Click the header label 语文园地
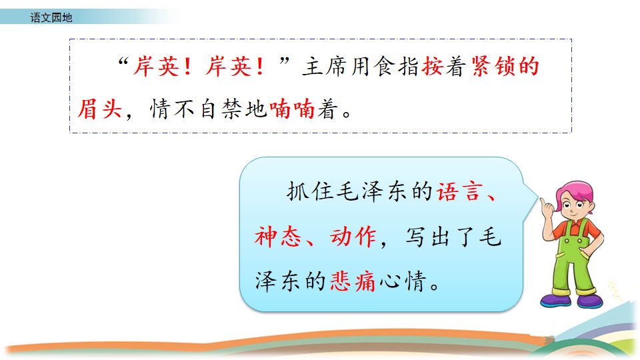[x=51, y=17]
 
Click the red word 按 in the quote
[x=433, y=66]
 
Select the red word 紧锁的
[x=505, y=66]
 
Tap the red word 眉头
[x=100, y=109]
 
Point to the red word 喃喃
[x=292, y=109]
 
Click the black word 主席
[x=324, y=66]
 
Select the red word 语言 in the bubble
[x=460, y=191]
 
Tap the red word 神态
[x=277, y=237]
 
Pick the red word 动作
[x=353, y=237]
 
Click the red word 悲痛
[x=353, y=281]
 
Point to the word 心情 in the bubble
[x=402, y=281]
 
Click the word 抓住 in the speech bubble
[x=310, y=191]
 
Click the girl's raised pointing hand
[x=546, y=207]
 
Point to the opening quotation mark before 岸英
[x=123, y=62]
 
